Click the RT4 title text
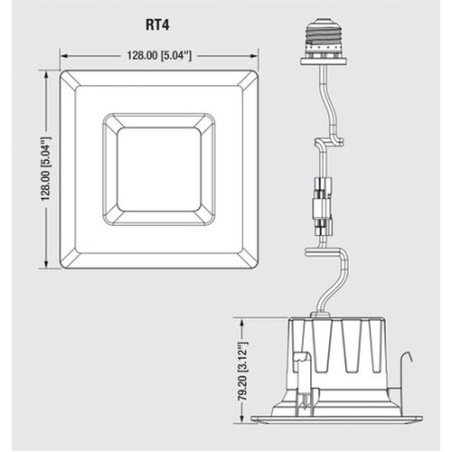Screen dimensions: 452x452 [x=157, y=24]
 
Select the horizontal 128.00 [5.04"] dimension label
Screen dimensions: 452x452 [x=159, y=55]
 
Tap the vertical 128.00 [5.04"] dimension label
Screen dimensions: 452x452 [x=47, y=169]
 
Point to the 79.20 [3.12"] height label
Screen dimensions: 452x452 [x=243, y=372]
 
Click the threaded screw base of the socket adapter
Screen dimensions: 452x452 [x=324, y=36]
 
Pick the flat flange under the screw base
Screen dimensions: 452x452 [x=324, y=61]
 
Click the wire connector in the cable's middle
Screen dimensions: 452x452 [x=323, y=206]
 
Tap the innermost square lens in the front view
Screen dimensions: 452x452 [x=159, y=169]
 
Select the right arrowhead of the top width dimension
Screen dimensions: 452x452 [x=255, y=56]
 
